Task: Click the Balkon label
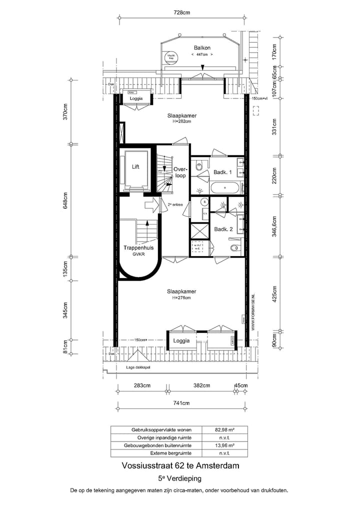202,48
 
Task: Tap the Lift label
135,167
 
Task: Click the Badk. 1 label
223,172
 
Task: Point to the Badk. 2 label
223,229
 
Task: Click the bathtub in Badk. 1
225,188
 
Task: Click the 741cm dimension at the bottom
181,402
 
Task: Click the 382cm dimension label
201,385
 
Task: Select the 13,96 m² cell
225,445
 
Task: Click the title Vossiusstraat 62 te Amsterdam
180,465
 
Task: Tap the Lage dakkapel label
138,367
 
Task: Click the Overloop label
180,172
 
